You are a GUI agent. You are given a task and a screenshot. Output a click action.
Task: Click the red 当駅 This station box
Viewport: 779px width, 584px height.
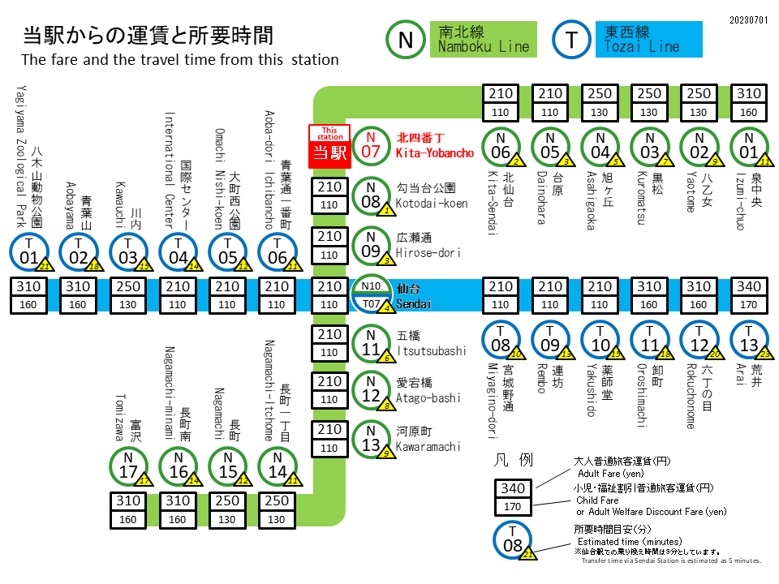click(x=329, y=147)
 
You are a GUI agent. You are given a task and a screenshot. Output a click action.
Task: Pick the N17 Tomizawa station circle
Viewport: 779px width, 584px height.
click(x=128, y=466)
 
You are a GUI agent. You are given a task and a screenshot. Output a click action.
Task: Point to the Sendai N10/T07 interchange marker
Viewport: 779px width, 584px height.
click(x=371, y=294)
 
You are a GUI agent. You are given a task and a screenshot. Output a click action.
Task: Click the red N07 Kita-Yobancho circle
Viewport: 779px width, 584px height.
click(x=371, y=147)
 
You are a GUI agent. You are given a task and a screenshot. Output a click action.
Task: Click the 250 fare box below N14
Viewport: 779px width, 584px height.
click(x=277, y=501)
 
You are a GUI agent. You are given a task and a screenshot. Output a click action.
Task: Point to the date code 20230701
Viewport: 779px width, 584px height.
click(x=749, y=19)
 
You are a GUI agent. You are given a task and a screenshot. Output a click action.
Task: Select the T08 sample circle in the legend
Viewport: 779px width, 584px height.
click(x=513, y=539)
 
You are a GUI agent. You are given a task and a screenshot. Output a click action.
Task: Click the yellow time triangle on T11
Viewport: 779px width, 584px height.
click(x=666, y=354)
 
